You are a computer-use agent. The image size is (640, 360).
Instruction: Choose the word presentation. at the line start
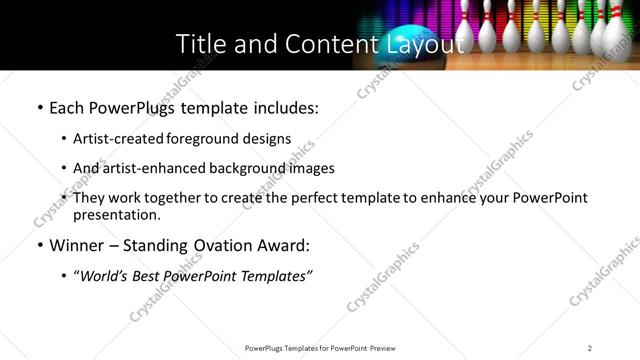[x=116, y=214]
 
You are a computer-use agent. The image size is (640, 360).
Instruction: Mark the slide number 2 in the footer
[x=589, y=348]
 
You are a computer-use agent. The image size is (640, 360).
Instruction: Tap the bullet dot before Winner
[x=39, y=245]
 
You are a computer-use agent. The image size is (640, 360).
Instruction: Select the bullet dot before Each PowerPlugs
[x=39, y=107]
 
